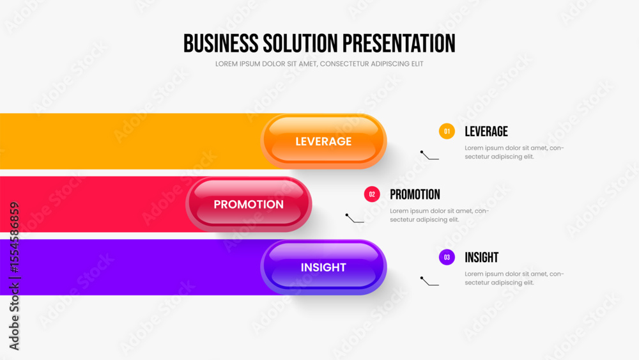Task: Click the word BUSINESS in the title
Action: point(220,43)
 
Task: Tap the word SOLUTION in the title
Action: point(300,43)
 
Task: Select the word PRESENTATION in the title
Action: point(399,43)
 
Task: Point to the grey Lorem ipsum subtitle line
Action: point(319,64)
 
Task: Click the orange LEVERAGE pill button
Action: point(323,141)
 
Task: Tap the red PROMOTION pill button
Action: point(249,204)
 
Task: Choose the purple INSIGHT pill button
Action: point(323,267)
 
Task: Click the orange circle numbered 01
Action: point(447,131)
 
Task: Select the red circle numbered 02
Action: point(372,194)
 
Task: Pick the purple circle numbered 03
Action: point(447,257)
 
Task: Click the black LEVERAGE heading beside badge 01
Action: point(486,132)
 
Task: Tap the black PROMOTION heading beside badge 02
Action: point(415,194)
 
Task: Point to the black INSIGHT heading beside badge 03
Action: point(481,258)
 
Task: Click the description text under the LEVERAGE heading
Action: point(514,152)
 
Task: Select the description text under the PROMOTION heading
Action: point(440,215)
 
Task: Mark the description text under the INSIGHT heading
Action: point(514,278)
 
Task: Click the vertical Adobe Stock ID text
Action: point(14,276)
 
